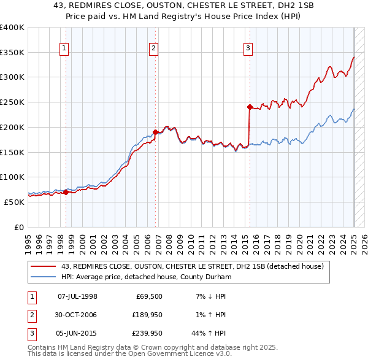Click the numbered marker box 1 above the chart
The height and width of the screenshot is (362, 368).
pos(64,49)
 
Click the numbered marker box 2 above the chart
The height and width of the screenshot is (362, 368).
pos(153,49)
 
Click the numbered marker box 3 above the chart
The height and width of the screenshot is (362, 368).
pos(248,49)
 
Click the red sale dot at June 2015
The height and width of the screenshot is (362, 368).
pos(250,107)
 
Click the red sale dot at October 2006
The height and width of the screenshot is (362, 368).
pos(156,132)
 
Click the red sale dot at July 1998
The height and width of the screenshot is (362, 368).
pos(66,192)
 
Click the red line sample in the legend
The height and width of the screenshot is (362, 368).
pos(44,266)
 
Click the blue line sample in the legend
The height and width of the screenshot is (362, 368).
pos(44,277)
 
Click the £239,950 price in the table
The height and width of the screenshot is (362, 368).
pos(146,335)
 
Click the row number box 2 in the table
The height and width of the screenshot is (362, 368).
pos(30,316)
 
